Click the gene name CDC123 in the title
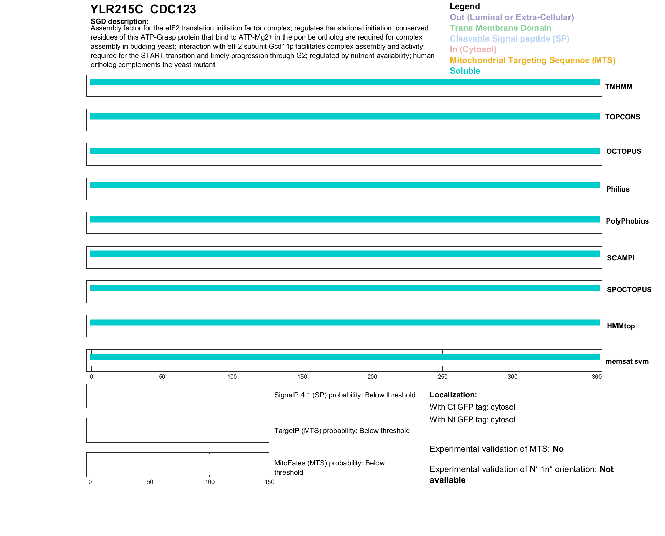173,10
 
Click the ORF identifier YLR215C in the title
117,10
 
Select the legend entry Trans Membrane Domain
500,28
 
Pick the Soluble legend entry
465,71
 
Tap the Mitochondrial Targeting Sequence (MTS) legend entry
532,60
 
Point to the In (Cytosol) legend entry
473,49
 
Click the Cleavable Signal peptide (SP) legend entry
509,39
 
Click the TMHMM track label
619,87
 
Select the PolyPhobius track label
627,221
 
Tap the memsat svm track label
627,361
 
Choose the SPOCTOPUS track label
629,290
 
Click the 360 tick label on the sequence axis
597,377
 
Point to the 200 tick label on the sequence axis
372,377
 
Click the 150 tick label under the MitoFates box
269,482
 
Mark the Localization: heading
453,395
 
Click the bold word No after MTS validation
558,449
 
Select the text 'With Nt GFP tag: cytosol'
472,419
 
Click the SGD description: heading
119,21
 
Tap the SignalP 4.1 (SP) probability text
344,395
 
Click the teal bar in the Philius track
344,185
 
